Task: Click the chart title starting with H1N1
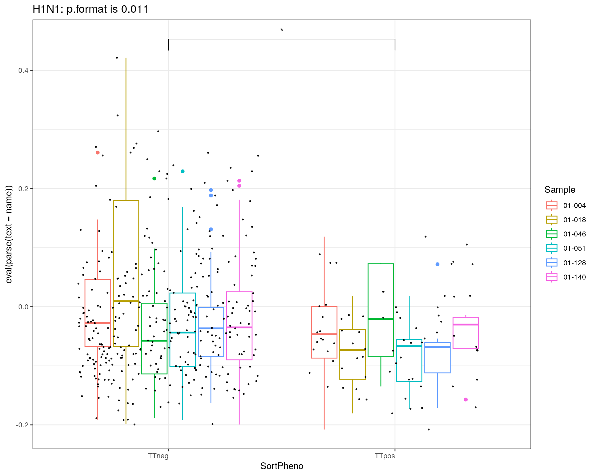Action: tap(90, 9)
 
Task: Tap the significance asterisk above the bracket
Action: tap(282, 30)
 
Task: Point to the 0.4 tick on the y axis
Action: tap(23, 70)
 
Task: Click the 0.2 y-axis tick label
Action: tap(23, 189)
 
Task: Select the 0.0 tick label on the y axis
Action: tap(23, 307)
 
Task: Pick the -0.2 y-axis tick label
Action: tap(22, 425)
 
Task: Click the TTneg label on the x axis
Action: tap(158, 456)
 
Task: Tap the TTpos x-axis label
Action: tap(385, 456)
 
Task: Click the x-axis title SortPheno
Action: tap(282, 466)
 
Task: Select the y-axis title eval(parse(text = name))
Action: tap(9, 234)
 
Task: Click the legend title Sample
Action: tap(560, 190)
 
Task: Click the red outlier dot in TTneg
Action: tap(98, 152)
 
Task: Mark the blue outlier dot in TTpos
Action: tap(437, 264)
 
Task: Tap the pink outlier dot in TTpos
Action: tap(466, 399)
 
